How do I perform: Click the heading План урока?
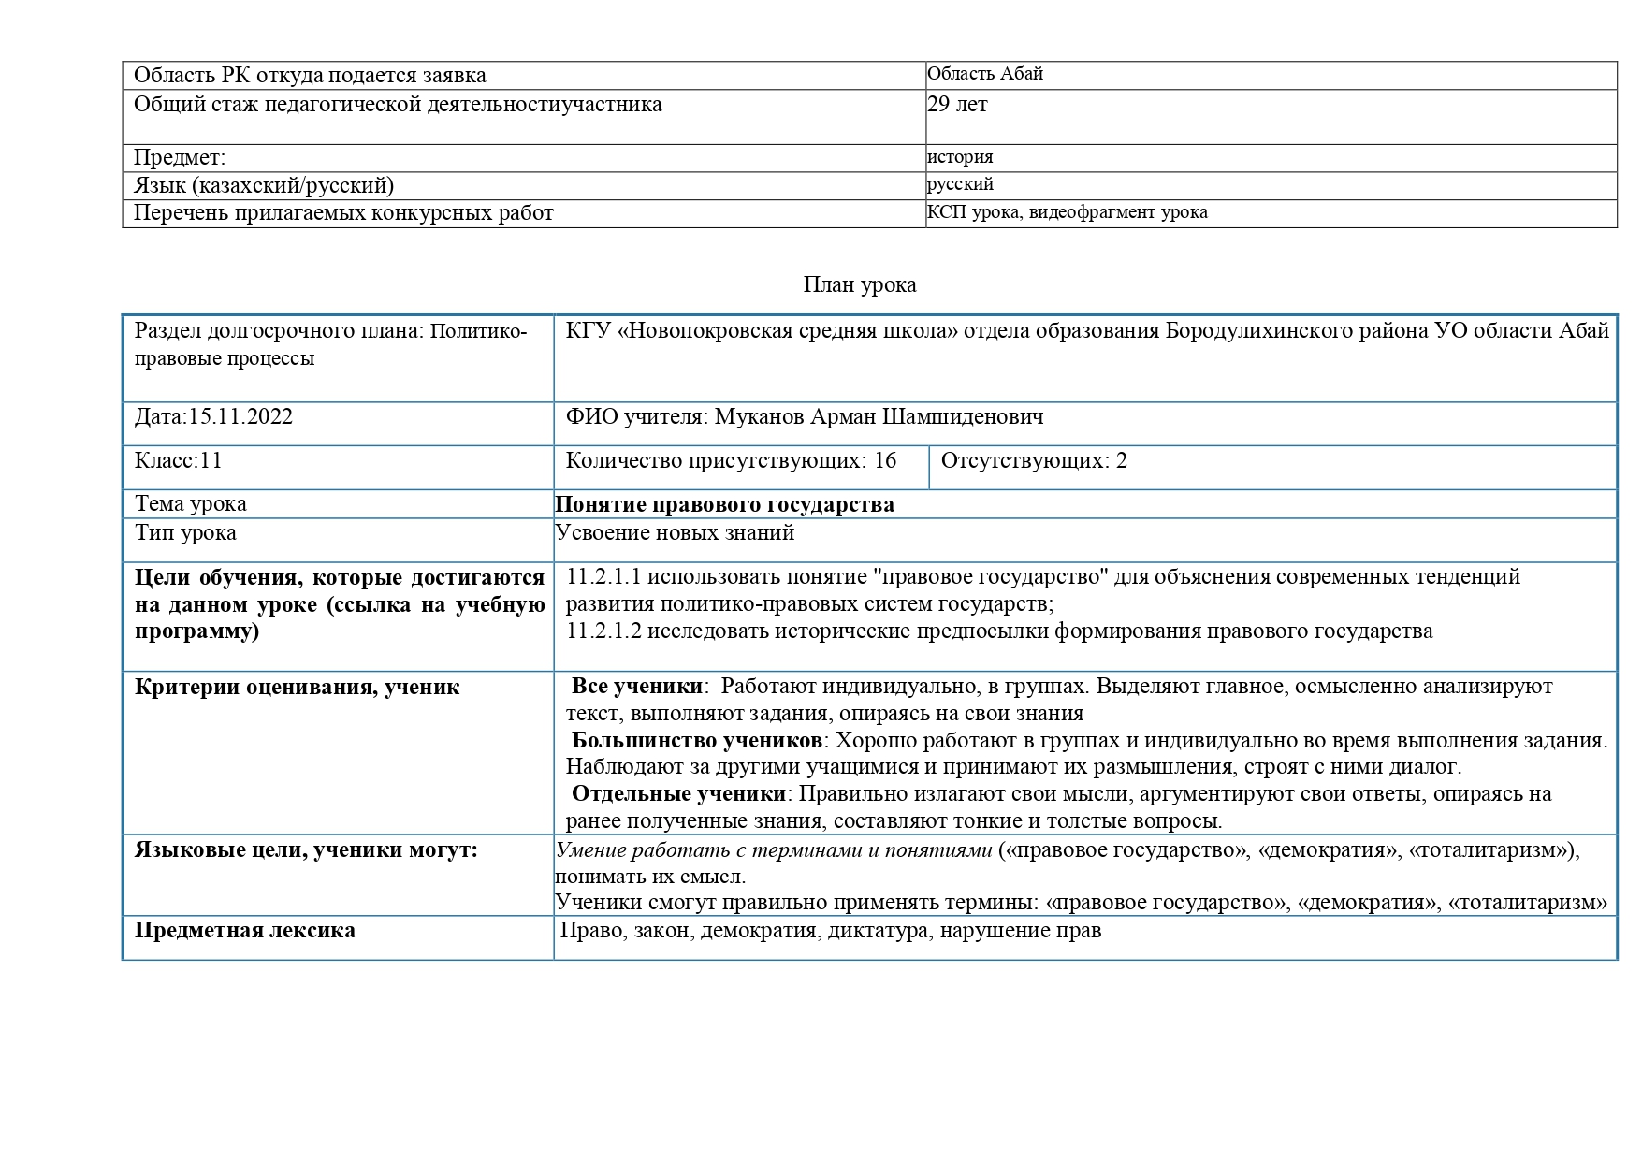859,285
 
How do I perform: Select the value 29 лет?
956,104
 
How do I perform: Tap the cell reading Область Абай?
984,74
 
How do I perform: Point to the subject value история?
960,157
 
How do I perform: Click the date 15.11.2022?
240,417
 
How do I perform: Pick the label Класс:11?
178,461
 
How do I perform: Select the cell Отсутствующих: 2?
1033,461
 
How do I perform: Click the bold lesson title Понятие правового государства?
724,505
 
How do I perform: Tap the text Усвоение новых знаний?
675,533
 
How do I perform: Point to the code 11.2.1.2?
603,631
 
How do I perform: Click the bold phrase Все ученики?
636,687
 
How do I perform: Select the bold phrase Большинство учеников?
696,741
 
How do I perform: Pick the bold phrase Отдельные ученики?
678,794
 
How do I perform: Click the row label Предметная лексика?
244,931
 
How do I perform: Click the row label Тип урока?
185,533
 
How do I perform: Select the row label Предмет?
180,158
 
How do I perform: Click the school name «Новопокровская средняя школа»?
788,331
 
